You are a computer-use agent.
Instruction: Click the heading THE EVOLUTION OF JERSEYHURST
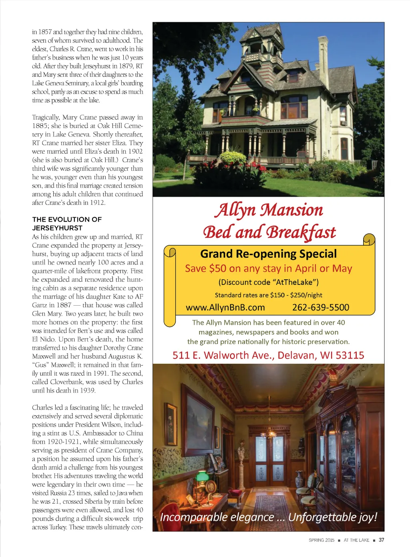(x=67, y=224)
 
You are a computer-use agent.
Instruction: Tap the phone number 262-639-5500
(x=321, y=307)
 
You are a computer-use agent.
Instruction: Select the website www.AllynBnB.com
(x=225, y=307)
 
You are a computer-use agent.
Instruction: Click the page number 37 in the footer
(x=382, y=540)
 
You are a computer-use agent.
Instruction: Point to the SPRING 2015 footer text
(x=321, y=540)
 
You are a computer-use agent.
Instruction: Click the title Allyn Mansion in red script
(x=269, y=210)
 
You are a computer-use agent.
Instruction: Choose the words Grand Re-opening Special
(x=268, y=254)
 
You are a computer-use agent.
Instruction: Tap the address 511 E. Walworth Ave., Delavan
(x=268, y=355)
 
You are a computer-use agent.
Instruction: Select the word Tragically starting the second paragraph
(x=46, y=117)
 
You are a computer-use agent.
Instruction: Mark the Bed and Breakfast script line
(x=269, y=232)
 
